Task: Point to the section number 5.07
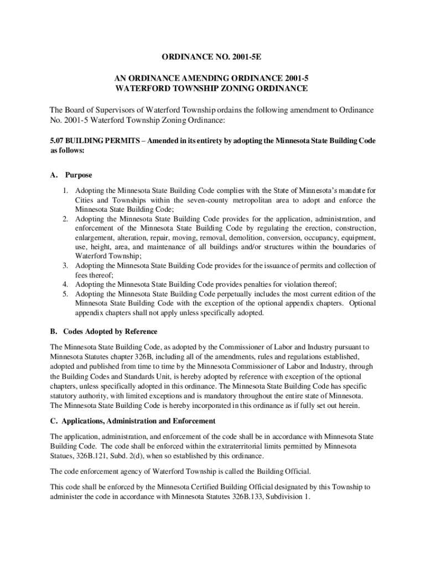pyautogui.click(x=57, y=141)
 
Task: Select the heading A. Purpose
pyautogui.click(x=70, y=175)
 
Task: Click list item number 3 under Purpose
pyautogui.click(x=65, y=266)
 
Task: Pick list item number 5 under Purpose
pyautogui.click(x=65, y=294)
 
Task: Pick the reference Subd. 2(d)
pyautogui.click(x=133, y=457)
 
